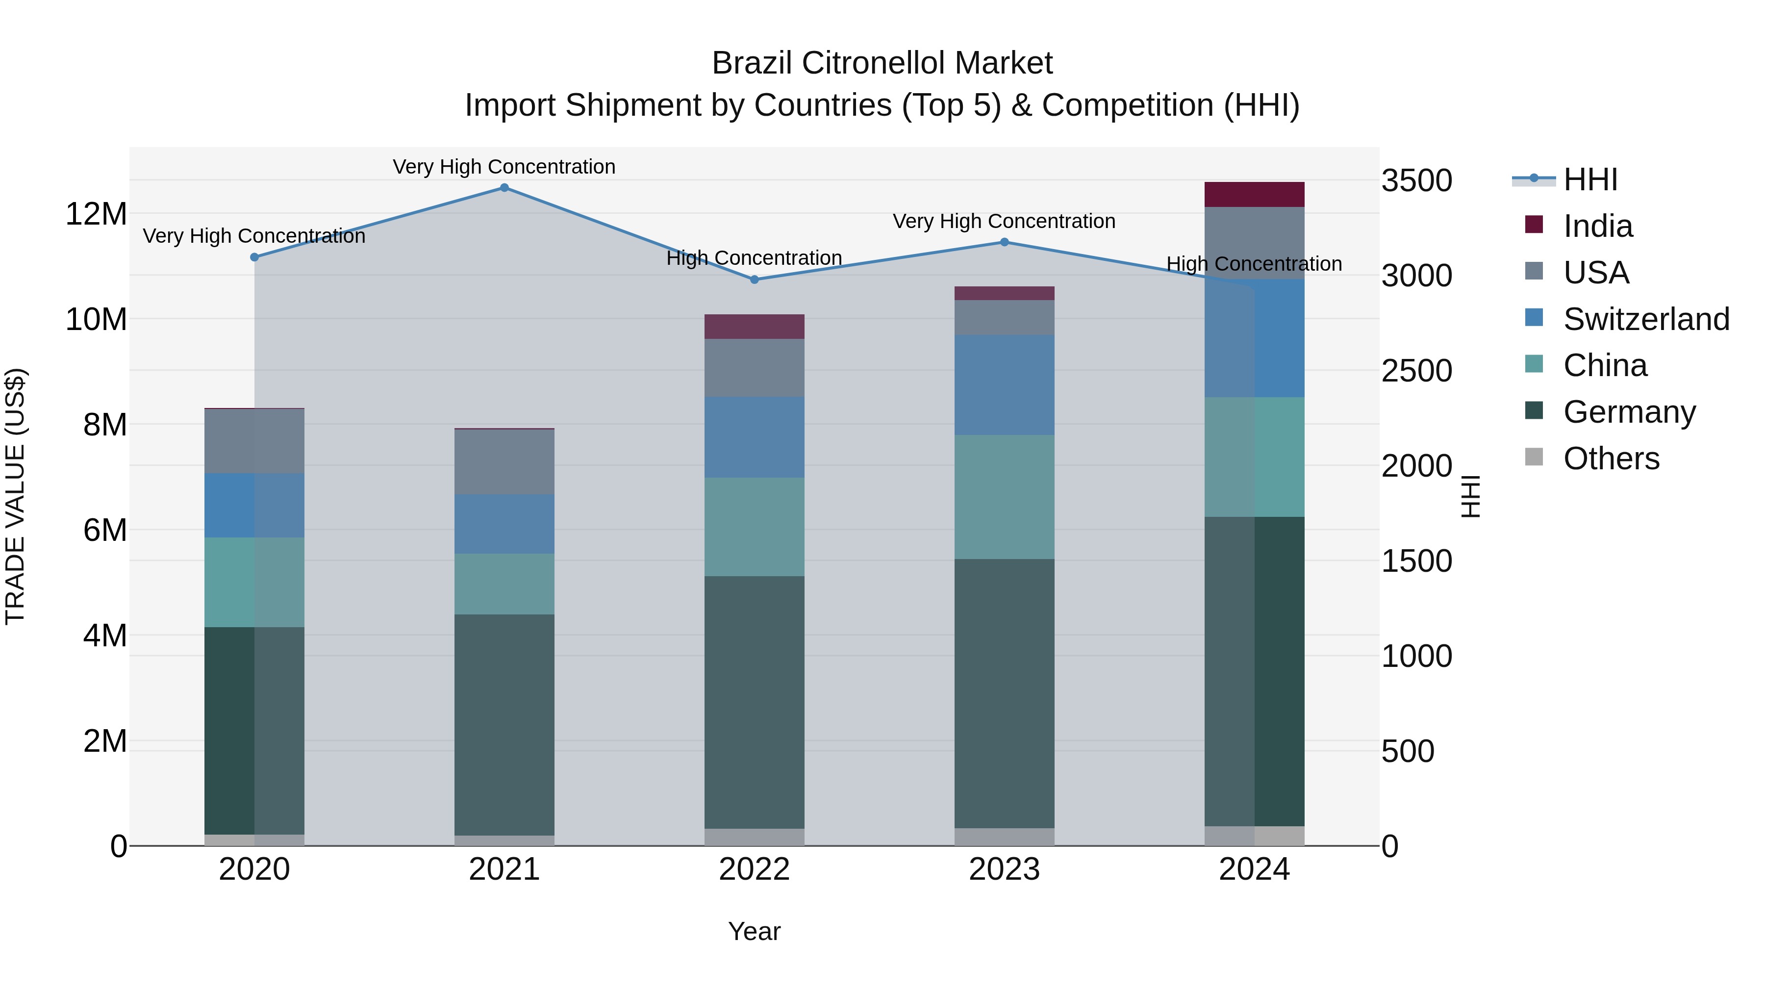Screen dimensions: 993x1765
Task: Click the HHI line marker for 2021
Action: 504,188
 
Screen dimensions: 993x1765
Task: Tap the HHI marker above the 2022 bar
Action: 755,280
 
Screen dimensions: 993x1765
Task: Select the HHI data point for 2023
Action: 1005,242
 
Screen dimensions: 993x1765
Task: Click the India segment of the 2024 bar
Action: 1255,195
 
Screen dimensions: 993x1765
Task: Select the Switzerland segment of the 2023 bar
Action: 1005,384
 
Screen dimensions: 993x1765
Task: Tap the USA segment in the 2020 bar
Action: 254,441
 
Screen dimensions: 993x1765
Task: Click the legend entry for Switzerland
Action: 1646,319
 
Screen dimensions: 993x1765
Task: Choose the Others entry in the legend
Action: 1611,458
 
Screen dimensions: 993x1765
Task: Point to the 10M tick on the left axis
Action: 96,319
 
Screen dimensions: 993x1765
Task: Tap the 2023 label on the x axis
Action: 1005,869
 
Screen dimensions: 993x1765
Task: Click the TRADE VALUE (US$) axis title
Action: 16,496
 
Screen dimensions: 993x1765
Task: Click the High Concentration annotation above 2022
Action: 755,258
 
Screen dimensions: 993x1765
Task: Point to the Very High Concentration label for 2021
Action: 504,167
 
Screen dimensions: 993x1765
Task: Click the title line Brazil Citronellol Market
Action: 882,63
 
